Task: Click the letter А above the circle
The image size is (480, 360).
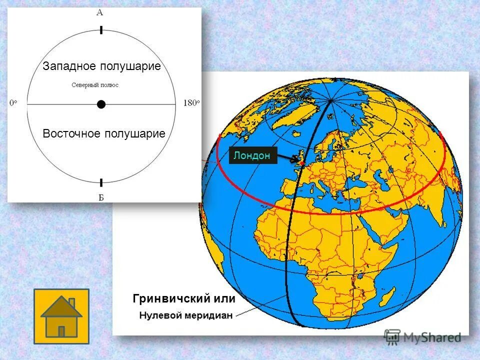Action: pyautogui.click(x=101, y=12)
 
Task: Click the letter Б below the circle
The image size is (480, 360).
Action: pyautogui.click(x=101, y=197)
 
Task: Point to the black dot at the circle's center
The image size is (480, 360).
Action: pyautogui.click(x=101, y=104)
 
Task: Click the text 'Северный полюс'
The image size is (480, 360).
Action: pyautogui.click(x=95, y=85)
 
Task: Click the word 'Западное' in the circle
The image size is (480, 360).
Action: pyautogui.click(x=70, y=66)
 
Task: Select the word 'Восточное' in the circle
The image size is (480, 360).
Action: pyautogui.click(x=72, y=133)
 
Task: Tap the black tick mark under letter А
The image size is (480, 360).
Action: pyautogui.click(x=101, y=30)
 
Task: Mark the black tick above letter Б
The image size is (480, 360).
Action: pyautogui.click(x=101, y=182)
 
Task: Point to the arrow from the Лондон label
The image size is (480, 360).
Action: pyautogui.click(x=287, y=158)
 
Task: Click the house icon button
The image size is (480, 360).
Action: pyautogui.click(x=61, y=316)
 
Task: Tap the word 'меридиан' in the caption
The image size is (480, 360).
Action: pyautogui.click(x=207, y=315)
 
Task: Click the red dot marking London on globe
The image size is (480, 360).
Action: pyautogui.click(x=302, y=163)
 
